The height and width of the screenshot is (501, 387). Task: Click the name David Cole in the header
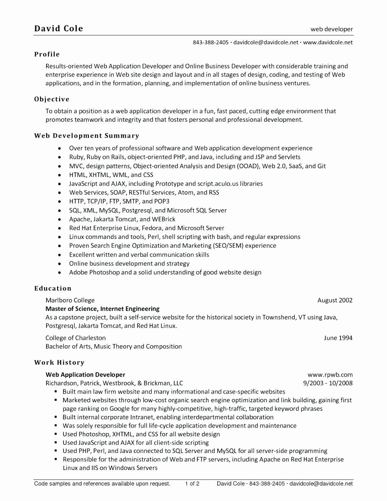pyautogui.click(x=59, y=28)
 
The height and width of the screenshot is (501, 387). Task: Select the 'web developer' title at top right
pyautogui.click(x=331, y=29)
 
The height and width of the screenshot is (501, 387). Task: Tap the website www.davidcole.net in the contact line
pyautogui.click(x=328, y=42)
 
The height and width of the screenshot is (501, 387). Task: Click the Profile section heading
pyautogui.click(x=47, y=54)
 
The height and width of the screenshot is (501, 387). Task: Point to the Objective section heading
pyautogui.click(x=52, y=99)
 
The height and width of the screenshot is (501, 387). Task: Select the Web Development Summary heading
pyautogui.click(x=87, y=136)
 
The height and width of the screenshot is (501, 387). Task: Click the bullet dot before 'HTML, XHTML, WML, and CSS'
pyautogui.click(x=60, y=175)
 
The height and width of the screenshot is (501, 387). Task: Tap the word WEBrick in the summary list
pyautogui.click(x=163, y=219)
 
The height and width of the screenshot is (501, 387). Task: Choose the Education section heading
pyautogui.click(x=53, y=288)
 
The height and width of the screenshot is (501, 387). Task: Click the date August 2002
pyautogui.click(x=335, y=300)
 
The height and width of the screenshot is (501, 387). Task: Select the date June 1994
pyautogui.click(x=338, y=338)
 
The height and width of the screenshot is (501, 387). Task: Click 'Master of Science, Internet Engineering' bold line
pyautogui.click(x=102, y=309)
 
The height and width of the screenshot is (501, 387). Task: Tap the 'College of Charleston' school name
pyautogui.click(x=76, y=338)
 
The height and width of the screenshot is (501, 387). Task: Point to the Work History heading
pyautogui.click(x=59, y=362)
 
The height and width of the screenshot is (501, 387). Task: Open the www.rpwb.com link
pyautogui.click(x=330, y=375)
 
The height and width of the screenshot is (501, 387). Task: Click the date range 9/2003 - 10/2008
pyautogui.click(x=328, y=383)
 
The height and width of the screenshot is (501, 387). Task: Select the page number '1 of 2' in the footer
pyautogui.click(x=192, y=483)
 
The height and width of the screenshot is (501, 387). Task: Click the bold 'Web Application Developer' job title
pyautogui.click(x=85, y=375)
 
